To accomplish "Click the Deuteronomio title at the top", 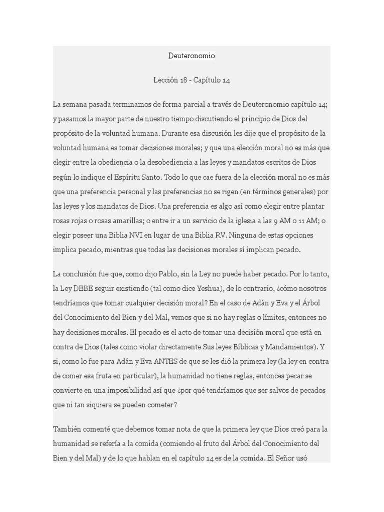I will [192, 56].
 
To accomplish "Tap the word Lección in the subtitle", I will [166, 80].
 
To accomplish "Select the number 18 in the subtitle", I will [184, 80].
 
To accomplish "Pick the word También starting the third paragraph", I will [66, 429].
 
